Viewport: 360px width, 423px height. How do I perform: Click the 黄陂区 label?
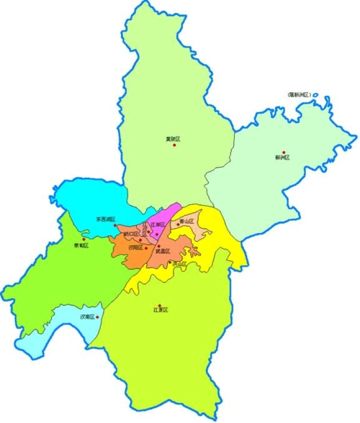click(172, 138)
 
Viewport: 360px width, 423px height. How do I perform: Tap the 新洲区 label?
click(282, 158)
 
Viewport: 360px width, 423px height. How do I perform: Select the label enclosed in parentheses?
click(298, 94)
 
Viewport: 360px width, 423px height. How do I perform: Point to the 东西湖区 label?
click(105, 219)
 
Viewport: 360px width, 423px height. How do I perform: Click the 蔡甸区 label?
click(81, 245)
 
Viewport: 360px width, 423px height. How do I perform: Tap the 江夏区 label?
click(160, 310)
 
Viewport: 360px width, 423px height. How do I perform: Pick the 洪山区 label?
click(179, 264)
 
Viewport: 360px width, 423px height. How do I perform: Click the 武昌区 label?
click(162, 251)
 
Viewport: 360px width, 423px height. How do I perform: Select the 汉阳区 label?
click(135, 247)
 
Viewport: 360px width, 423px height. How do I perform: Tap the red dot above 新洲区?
click(284, 152)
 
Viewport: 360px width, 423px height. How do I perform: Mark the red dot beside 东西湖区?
click(115, 225)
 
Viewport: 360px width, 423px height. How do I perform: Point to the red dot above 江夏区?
click(159, 304)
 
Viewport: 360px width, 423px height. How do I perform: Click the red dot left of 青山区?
click(178, 224)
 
